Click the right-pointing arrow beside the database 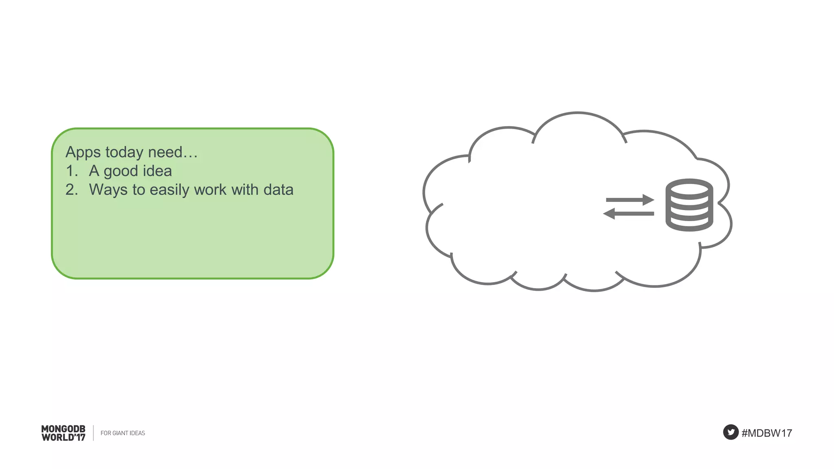coord(630,200)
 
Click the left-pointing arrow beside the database coord(628,213)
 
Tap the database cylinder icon coord(689,205)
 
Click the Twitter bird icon coord(731,432)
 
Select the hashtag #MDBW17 coord(767,433)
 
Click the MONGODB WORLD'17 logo coord(64,433)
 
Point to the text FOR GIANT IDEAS coord(123,433)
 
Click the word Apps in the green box coord(83,153)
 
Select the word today coord(124,153)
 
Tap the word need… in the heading coord(173,153)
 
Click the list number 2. coord(72,190)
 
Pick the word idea coord(157,171)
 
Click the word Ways coord(108,190)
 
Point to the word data coord(279,190)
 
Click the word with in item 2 coord(245,190)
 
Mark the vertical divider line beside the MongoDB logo coord(93,433)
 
